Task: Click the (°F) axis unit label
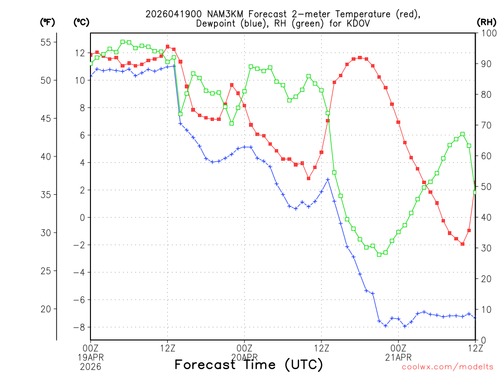pos(47,22)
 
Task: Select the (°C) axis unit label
pos(81,22)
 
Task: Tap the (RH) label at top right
pos(486,22)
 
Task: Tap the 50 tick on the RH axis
pos(485,187)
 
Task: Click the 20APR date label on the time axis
pos(245,357)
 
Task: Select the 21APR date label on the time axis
pos(398,357)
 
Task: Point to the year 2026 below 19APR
pos(90,366)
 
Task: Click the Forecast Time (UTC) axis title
pos(249,365)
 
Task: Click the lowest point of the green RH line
pos(379,254)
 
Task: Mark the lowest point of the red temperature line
pos(462,244)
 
